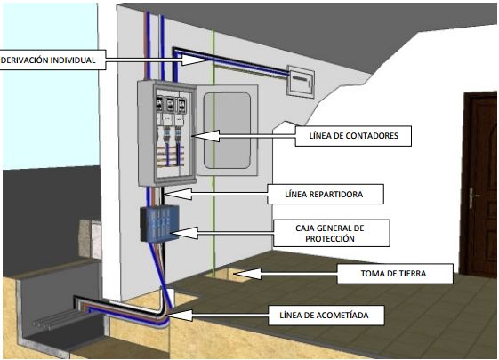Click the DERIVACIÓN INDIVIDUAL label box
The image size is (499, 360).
click(52, 60)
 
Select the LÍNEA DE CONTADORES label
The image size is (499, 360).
click(353, 136)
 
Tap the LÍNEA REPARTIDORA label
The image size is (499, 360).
click(326, 195)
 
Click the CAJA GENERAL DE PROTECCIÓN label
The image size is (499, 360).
click(331, 233)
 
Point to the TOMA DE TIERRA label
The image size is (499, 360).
click(395, 274)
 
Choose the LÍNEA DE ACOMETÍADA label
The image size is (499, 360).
click(326, 316)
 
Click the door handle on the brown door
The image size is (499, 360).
click(472, 198)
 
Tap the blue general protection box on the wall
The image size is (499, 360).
click(160, 224)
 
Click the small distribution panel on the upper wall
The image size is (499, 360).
click(301, 82)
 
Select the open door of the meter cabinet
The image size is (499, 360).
click(227, 130)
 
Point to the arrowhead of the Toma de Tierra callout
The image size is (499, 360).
click(247, 274)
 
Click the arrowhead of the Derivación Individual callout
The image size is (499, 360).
click(194, 60)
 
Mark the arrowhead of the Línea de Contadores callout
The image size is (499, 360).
click(205, 136)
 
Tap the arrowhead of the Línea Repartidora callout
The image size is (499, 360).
click(178, 194)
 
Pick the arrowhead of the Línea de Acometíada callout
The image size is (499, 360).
click(179, 316)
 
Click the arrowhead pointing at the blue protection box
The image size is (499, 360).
click(184, 233)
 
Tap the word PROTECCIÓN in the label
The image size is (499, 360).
click(330, 239)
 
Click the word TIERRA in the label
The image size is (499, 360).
click(413, 274)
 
